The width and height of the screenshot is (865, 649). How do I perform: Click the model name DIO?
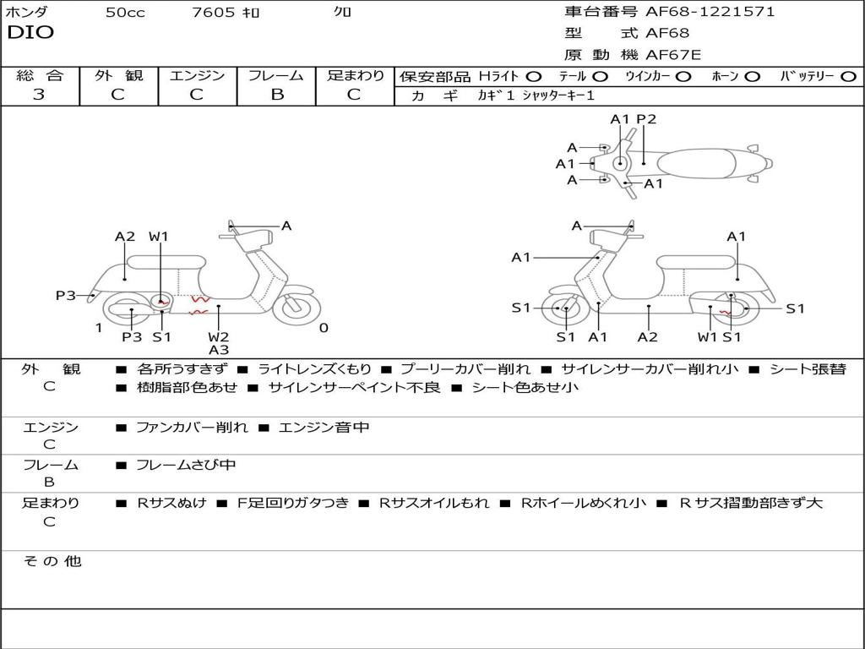tap(30, 33)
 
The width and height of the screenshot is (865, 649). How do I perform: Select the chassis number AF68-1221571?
tap(710, 11)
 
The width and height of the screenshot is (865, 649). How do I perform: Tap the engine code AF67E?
tap(673, 55)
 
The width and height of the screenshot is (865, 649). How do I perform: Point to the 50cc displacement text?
tap(125, 12)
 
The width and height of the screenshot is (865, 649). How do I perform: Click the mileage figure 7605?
tap(214, 12)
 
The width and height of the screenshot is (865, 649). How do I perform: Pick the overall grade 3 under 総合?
tap(39, 95)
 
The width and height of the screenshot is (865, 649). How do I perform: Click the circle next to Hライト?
tap(534, 77)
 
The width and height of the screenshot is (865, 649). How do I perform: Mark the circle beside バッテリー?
tap(849, 77)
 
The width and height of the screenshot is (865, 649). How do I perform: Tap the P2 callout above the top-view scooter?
tap(646, 119)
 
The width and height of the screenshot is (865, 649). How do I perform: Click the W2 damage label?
tap(219, 336)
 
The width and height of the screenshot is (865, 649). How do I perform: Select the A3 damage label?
tap(219, 350)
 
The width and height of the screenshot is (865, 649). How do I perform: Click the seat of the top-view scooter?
tap(696, 164)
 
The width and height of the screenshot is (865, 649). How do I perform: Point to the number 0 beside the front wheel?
tap(324, 328)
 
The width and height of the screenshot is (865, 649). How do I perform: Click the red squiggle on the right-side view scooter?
tap(726, 313)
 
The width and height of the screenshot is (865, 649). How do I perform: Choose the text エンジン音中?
tap(324, 427)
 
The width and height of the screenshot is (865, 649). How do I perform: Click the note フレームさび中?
tap(186, 466)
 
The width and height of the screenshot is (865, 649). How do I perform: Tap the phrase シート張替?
tap(808, 369)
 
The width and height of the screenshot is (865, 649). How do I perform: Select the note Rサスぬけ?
tap(171, 503)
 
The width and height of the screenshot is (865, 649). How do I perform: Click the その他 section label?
tap(52, 561)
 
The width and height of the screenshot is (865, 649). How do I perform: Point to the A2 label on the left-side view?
tap(125, 237)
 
